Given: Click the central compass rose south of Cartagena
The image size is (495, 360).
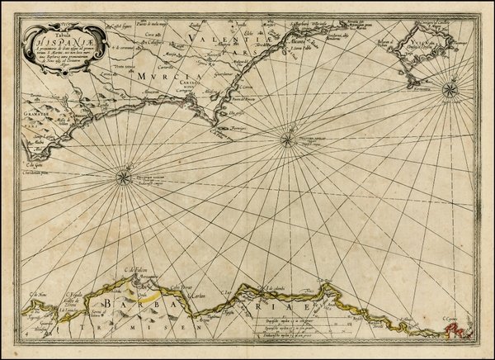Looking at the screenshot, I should [286, 138].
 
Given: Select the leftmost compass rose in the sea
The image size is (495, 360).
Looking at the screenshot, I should [122, 174].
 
